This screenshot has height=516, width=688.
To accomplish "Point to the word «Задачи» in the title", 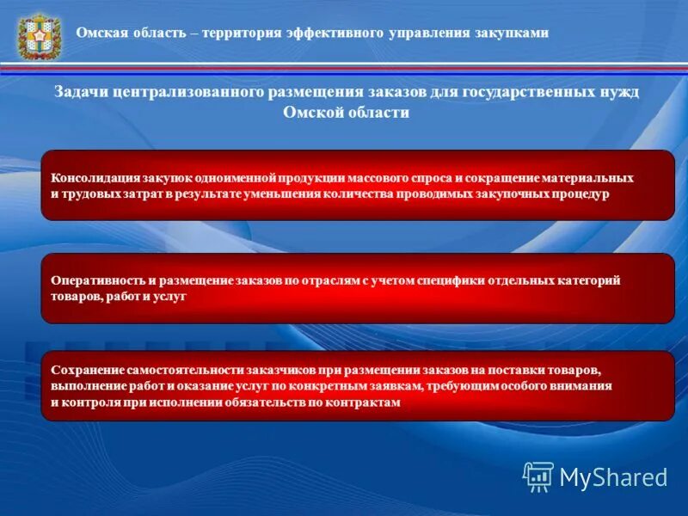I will coord(82,92).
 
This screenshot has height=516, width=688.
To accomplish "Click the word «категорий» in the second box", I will coord(589,280).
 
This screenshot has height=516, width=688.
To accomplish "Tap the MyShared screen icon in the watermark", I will coord(538,476).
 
